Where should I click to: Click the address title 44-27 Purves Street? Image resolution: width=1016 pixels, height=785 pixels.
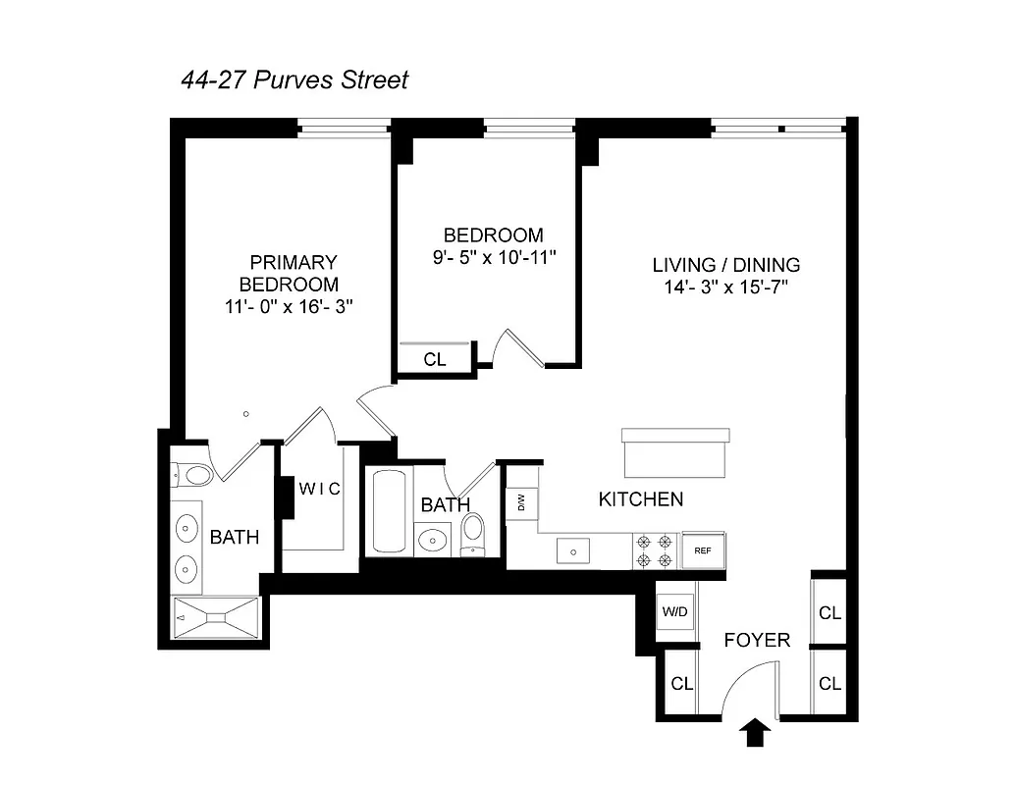tap(294, 79)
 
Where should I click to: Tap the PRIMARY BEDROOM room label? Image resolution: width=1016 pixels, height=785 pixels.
tap(294, 273)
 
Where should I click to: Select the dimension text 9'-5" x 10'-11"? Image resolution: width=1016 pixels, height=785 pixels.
tap(493, 258)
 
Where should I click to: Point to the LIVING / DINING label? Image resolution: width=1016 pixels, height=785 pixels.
tap(725, 265)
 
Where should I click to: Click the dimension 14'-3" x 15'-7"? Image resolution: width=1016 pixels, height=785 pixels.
tap(725, 288)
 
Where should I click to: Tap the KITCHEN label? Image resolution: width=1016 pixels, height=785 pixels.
tap(640, 499)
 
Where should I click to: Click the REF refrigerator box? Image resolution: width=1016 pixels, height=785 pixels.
tap(703, 550)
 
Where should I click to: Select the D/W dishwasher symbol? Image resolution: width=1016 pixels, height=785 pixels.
tap(522, 504)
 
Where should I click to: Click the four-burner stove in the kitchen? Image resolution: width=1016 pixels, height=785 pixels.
tap(655, 550)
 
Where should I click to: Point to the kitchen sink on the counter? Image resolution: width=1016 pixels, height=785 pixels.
tap(570, 551)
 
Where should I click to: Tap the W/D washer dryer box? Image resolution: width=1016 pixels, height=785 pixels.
tap(675, 612)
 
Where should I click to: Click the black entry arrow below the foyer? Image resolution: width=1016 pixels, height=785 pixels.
tap(755, 733)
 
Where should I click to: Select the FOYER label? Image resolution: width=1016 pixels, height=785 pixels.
tap(756, 641)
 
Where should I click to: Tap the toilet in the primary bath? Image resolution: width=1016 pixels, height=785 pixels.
tap(195, 476)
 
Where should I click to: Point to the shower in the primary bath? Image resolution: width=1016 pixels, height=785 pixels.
tap(216, 617)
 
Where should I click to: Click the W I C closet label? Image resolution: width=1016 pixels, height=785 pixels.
tap(320, 489)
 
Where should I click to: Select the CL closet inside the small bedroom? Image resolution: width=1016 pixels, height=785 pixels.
tap(435, 359)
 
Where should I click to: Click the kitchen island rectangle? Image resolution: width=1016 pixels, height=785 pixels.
tap(675, 451)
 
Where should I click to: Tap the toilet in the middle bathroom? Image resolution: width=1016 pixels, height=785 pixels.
tap(473, 532)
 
